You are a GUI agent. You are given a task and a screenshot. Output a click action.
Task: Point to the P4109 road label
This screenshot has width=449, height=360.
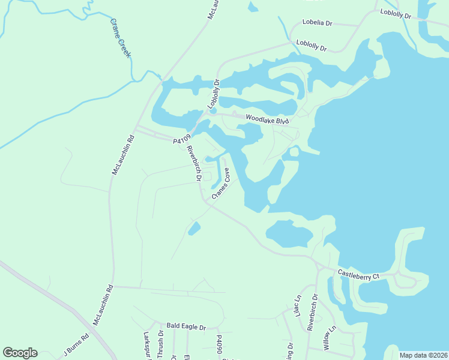(181, 140)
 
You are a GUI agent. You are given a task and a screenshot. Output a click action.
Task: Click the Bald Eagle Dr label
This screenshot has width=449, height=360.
(186, 327)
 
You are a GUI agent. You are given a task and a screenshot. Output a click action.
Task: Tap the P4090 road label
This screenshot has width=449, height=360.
(220, 346)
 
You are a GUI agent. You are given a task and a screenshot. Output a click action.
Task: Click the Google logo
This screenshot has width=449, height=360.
(20, 352)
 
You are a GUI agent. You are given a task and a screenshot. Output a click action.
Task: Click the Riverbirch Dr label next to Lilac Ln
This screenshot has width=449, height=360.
(312, 312)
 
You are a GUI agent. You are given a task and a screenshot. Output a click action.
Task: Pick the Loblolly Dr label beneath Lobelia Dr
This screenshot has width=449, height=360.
(312, 46)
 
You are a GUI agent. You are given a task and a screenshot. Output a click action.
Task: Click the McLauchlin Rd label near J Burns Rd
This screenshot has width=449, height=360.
(103, 305)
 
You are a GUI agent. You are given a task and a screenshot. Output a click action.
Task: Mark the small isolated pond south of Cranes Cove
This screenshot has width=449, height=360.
(194, 229)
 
